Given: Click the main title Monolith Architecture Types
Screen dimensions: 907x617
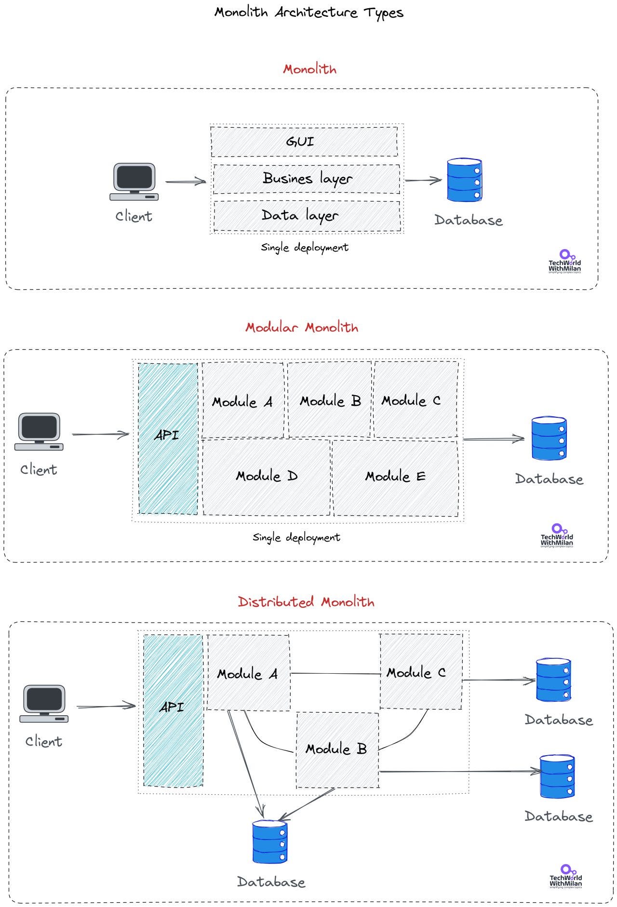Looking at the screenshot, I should [x=308, y=13].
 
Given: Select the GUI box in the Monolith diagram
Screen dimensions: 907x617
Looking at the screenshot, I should [x=304, y=141].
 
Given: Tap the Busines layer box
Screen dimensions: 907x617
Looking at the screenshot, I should [x=307, y=179].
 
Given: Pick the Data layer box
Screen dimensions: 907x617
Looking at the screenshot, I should [x=307, y=215].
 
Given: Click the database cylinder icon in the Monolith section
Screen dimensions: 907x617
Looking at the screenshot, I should [x=464, y=180].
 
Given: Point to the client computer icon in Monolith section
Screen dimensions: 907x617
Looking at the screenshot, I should [x=134, y=181].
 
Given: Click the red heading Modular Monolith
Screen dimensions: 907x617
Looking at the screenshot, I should [x=302, y=328].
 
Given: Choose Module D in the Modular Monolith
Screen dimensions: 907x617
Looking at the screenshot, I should [x=266, y=476].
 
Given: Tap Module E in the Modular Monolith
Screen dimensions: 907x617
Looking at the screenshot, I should [x=395, y=477].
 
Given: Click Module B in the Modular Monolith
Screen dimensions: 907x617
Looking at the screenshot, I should [x=330, y=400].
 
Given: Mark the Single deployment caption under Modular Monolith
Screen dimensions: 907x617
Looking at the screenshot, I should [x=296, y=537].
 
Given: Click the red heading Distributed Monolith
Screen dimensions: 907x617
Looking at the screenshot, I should [x=306, y=602].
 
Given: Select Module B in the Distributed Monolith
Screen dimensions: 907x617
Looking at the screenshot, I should [x=336, y=749].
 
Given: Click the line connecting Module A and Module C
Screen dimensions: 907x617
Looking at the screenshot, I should [x=335, y=674].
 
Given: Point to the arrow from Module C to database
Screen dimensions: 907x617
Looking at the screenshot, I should [x=499, y=680].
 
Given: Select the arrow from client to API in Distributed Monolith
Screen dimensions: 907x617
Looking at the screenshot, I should [x=106, y=707].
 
